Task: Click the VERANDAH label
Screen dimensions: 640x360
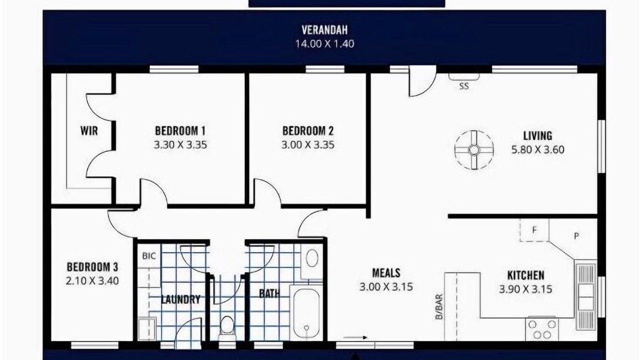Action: pyautogui.click(x=324, y=29)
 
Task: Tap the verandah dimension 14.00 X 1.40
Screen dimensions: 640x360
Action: pyautogui.click(x=324, y=43)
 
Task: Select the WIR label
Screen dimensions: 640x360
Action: pyautogui.click(x=89, y=131)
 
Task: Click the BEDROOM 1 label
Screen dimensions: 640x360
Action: pyautogui.click(x=180, y=131)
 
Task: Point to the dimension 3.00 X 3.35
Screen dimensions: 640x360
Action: pyautogui.click(x=307, y=145)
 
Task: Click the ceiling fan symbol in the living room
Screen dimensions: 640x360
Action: pyautogui.click(x=474, y=149)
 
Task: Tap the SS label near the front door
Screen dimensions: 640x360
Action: pyautogui.click(x=464, y=86)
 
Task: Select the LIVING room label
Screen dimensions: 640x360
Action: pyautogui.click(x=537, y=135)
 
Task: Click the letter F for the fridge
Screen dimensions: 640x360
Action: pyautogui.click(x=534, y=229)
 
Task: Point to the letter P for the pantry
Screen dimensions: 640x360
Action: pyautogui.click(x=576, y=236)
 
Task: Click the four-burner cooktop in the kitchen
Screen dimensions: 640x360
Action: pyautogui.click(x=541, y=329)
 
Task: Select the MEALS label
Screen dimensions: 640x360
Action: pyautogui.click(x=386, y=273)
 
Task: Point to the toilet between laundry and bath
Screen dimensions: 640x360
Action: pyautogui.click(x=227, y=328)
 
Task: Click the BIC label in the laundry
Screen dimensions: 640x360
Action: pyautogui.click(x=149, y=256)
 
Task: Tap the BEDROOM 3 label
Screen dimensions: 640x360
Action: pyautogui.click(x=92, y=267)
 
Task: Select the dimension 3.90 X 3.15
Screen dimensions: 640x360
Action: pyautogui.click(x=525, y=289)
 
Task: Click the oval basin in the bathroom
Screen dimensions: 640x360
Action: pyautogui.click(x=311, y=258)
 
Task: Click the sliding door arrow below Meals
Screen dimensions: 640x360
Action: pyautogui.click(x=355, y=337)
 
